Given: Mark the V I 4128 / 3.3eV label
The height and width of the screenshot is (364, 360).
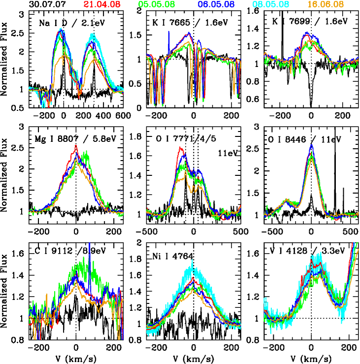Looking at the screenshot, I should coord(311,254).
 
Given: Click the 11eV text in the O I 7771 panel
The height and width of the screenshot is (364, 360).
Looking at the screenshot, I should coord(227,153).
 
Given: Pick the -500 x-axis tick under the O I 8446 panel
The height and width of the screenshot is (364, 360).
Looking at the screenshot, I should coord(272,231).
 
